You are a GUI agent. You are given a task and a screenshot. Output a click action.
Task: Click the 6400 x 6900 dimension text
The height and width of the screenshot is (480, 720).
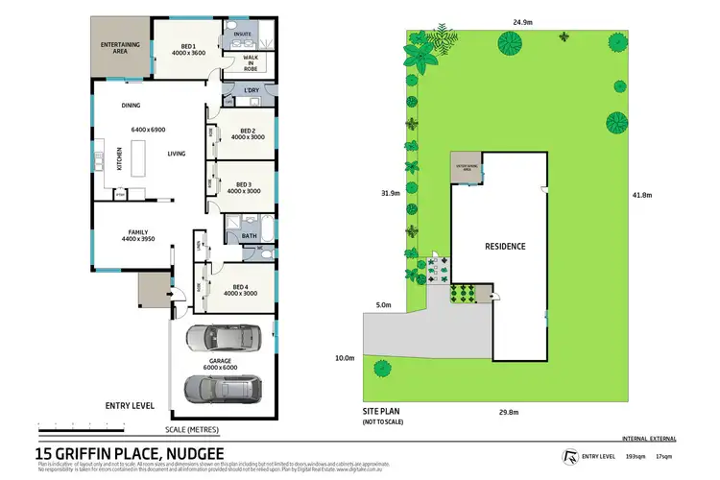tap(149, 129)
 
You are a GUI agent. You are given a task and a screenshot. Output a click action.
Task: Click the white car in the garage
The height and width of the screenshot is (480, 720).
tap(221, 339)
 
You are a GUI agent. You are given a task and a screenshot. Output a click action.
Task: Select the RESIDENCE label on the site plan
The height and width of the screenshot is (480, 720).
tap(504, 247)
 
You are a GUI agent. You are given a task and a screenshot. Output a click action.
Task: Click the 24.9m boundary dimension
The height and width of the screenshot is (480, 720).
tap(522, 20)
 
